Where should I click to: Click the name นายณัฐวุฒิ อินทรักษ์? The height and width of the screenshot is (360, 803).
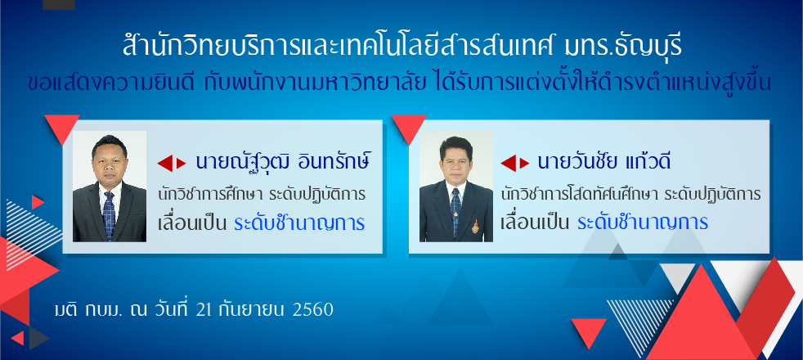pos(283,162)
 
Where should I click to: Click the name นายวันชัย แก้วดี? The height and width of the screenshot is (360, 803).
pos(604,162)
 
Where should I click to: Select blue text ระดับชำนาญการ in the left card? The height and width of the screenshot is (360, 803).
pos(299,223)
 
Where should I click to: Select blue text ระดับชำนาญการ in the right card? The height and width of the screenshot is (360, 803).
pos(643,223)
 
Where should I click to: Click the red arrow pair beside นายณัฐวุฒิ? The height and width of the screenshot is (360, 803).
pos(172,164)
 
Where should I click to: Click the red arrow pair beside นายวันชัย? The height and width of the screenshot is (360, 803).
pos(514,164)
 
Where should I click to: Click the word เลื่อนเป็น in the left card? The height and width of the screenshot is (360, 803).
pos(192,224)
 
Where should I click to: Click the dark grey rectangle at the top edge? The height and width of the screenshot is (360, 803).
pos(59,5)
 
